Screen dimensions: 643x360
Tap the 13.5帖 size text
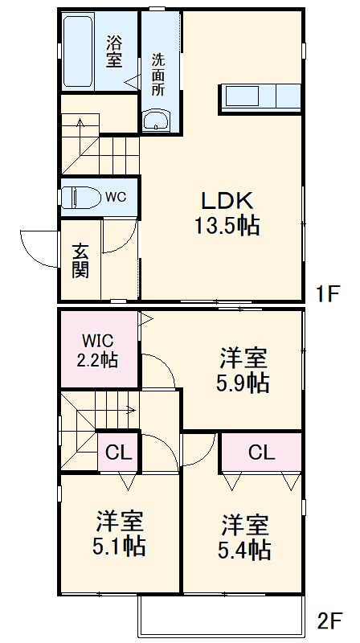click(225, 226)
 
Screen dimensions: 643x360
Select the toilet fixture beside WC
click(80, 195)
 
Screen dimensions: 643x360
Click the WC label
click(114, 196)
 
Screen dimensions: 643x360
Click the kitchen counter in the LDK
click(259, 97)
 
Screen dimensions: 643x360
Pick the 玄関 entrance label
click(80, 260)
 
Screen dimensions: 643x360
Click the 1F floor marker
click(328, 294)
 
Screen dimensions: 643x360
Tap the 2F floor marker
click(330, 620)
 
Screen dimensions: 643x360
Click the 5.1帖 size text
click(121, 547)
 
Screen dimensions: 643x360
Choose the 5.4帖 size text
click(245, 550)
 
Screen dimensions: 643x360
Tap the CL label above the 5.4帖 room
click(261, 453)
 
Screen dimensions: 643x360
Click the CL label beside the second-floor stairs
click(119, 452)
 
